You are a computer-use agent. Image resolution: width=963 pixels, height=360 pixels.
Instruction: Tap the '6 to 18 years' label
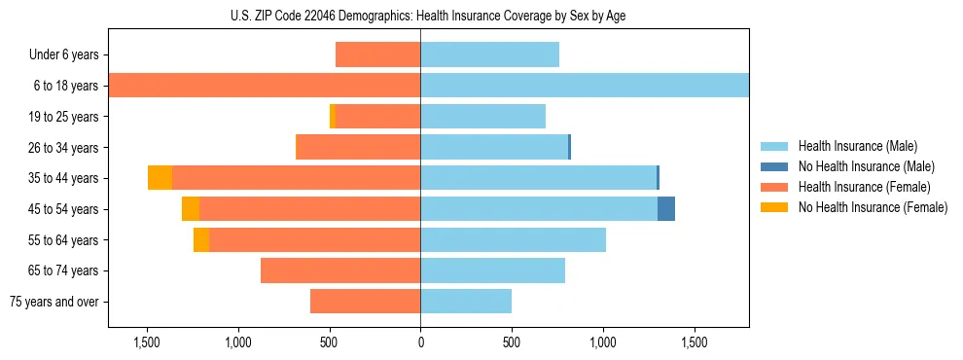66,86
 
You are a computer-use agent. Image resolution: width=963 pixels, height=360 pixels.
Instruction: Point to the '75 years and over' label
54,302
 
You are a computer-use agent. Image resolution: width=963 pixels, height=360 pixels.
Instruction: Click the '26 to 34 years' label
64,148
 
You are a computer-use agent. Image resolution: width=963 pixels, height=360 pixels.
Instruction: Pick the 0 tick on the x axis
420,342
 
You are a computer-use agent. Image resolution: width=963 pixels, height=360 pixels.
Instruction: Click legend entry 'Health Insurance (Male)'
857,146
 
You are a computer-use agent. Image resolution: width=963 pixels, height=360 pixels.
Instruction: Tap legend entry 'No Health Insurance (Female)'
873,207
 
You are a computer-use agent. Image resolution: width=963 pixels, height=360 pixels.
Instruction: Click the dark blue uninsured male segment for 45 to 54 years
666,209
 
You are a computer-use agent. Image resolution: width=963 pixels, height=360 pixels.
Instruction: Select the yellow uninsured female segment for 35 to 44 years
160,178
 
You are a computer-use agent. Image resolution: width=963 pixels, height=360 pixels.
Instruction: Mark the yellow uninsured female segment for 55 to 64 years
201,240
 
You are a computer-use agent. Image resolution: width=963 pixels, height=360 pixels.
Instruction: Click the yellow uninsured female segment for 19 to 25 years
333,117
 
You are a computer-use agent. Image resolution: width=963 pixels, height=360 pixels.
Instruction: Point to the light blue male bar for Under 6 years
489,55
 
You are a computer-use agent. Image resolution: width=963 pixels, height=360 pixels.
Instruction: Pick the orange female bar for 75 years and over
365,302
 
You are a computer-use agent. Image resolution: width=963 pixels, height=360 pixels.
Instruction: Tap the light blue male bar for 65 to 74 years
492,270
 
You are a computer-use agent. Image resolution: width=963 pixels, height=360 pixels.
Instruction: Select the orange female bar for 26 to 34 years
358,148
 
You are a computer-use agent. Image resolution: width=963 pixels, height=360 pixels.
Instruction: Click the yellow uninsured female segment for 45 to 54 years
191,209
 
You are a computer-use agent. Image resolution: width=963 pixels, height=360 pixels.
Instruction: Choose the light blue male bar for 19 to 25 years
482,117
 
